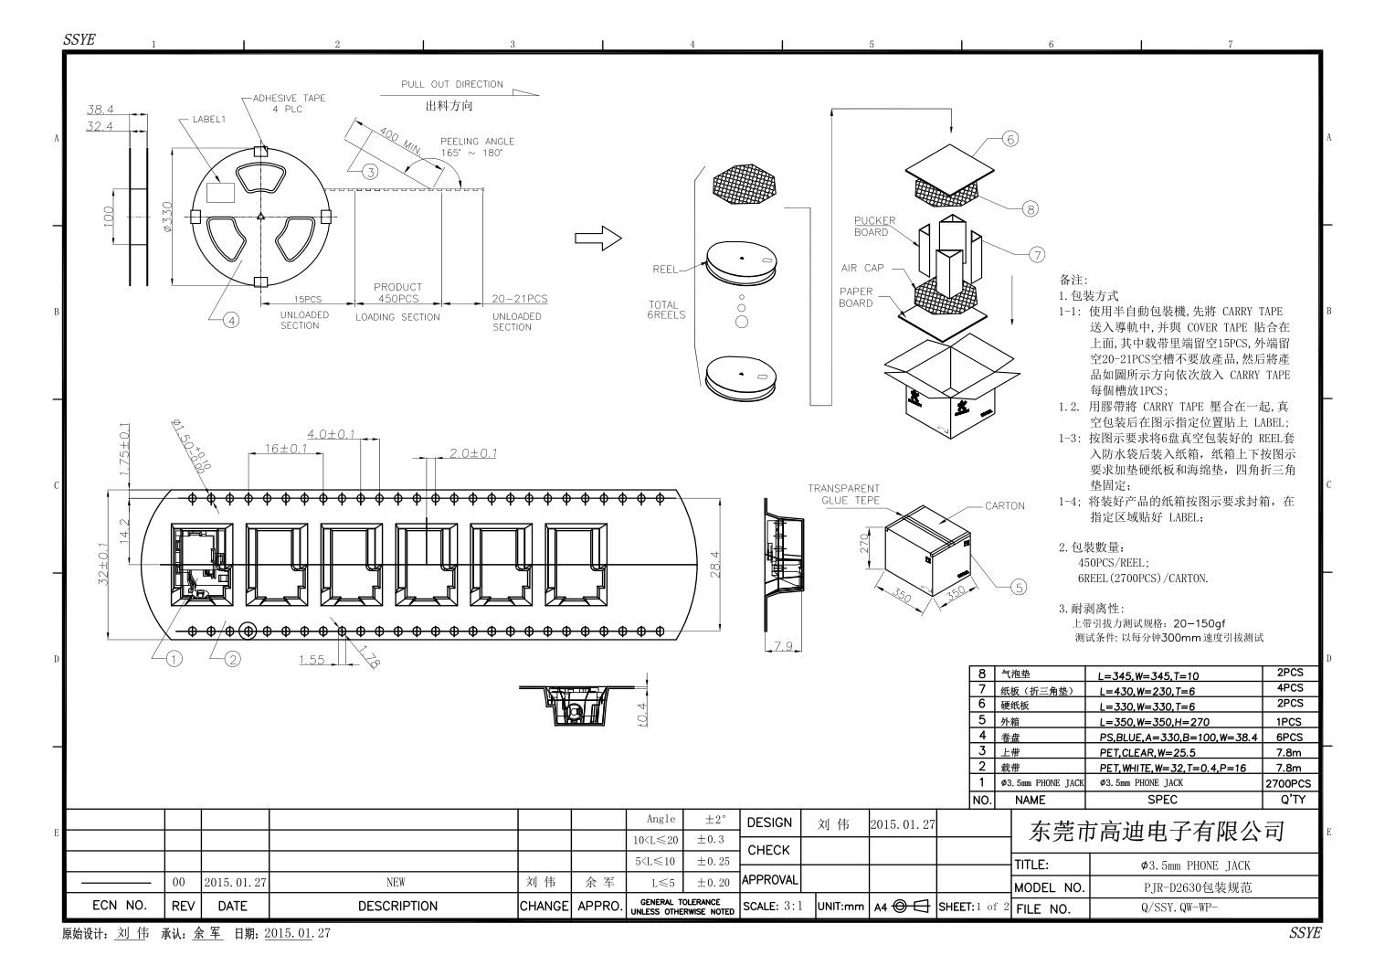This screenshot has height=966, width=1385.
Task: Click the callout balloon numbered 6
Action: (x=1010, y=139)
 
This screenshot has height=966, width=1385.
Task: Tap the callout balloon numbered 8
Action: (x=1031, y=209)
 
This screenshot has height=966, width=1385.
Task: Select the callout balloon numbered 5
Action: (x=1020, y=587)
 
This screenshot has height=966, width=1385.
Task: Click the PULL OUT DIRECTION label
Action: (x=452, y=84)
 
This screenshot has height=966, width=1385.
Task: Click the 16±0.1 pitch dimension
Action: (x=285, y=448)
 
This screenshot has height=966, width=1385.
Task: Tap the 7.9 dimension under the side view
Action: (x=782, y=646)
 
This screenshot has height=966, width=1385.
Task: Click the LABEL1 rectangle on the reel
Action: (x=221, y=191)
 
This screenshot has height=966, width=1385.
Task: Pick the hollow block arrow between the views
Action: (x=597, y=239)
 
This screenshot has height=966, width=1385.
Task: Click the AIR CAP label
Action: (x=862, y=269)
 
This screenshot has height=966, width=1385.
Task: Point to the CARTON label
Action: (x=1005, y=505)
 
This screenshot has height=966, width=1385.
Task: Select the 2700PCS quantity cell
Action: (x=1288, y=783)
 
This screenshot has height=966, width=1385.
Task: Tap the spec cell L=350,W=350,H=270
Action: (x=1154, y=722)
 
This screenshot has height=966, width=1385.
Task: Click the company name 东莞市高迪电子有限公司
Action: (x=1157, y=831)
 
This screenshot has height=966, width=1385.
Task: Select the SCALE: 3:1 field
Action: (x=773, y=907)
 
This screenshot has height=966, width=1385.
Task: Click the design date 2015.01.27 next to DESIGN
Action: (x=903, y=824)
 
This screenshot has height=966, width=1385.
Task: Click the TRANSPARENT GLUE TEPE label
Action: (x=843, y=494)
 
